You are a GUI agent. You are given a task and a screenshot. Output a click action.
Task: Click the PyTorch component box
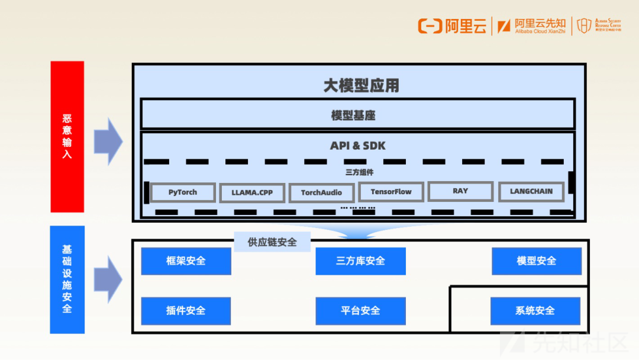coord(182,192)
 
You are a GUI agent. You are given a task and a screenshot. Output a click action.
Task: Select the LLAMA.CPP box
coord(252,193)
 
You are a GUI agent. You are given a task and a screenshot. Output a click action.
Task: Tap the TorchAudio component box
coord(321,193)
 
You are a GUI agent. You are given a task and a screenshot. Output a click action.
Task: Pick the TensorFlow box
coord(390,192)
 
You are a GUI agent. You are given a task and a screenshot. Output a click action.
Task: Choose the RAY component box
coord(460,191)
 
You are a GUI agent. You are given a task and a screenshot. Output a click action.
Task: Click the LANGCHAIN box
coord(531,192)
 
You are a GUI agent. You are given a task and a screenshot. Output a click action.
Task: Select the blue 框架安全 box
coord(186,261)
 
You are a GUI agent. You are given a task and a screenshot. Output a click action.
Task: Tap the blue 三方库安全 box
coord(360,261)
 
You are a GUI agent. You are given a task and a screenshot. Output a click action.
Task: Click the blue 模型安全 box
coord(536,261)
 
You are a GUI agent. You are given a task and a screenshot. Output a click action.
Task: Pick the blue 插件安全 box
coord(186,311)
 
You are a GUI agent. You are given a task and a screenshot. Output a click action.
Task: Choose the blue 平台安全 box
coord(360,311)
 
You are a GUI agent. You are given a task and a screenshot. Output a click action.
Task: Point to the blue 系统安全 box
coord(535,311)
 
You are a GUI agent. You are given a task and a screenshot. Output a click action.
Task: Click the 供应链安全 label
coord(272,242)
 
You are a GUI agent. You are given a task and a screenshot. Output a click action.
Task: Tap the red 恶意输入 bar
coord(67,137)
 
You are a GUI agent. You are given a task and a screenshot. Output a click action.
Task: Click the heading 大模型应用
coord(361,86)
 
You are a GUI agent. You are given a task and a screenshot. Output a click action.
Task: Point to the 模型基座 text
coord(353,115)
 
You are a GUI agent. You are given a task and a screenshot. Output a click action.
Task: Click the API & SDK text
coord(358,146)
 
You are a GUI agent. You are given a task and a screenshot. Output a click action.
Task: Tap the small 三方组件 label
coord(359,173)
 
